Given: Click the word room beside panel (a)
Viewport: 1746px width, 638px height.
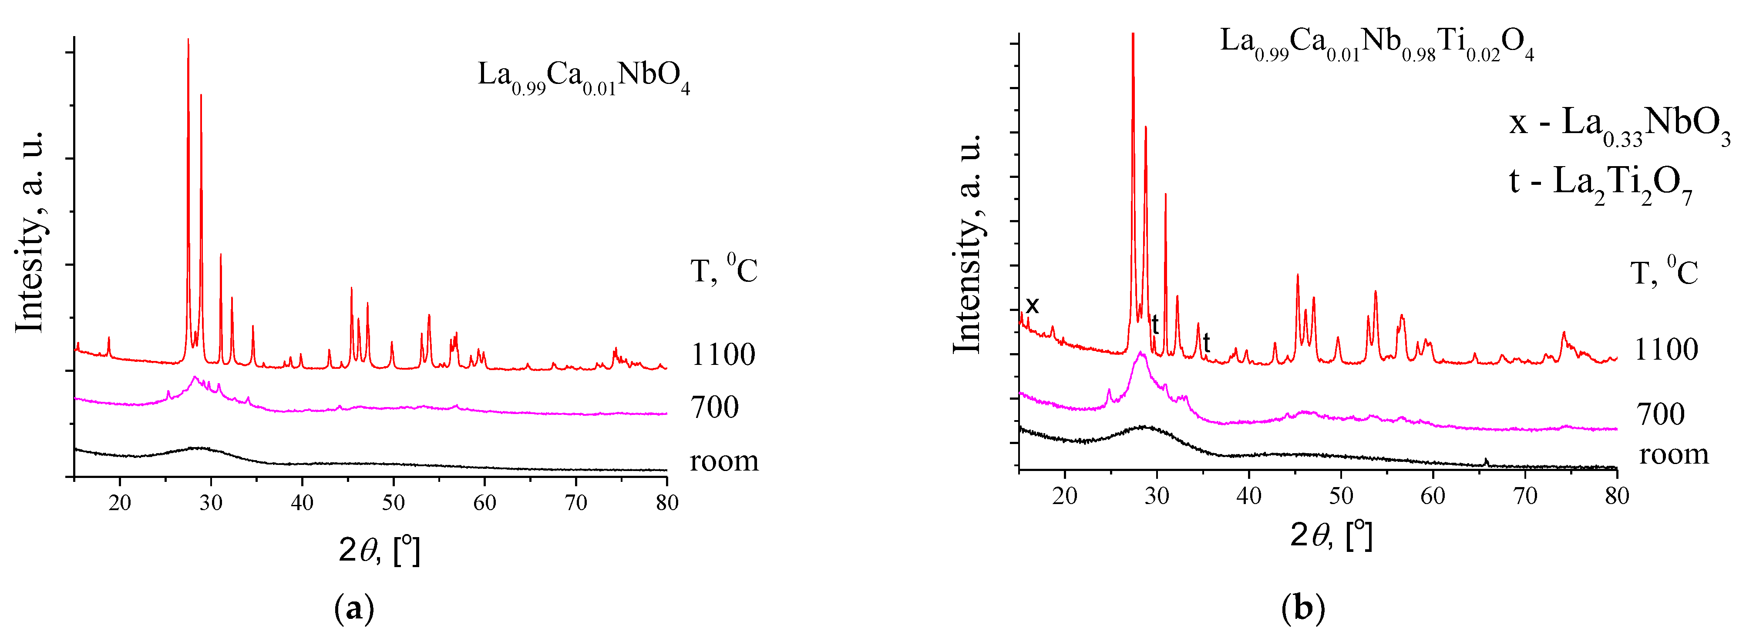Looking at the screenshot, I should pos(723,461).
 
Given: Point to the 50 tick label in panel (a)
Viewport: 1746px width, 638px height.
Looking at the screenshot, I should pos(393,503).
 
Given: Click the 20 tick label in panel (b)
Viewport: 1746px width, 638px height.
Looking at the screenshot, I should pos(1064,496).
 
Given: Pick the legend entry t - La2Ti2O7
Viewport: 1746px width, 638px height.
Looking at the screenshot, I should pos(1600,184).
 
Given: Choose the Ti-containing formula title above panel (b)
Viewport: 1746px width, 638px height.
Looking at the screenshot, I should pos(1376,44).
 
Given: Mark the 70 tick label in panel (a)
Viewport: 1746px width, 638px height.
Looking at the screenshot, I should pos(575,503).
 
